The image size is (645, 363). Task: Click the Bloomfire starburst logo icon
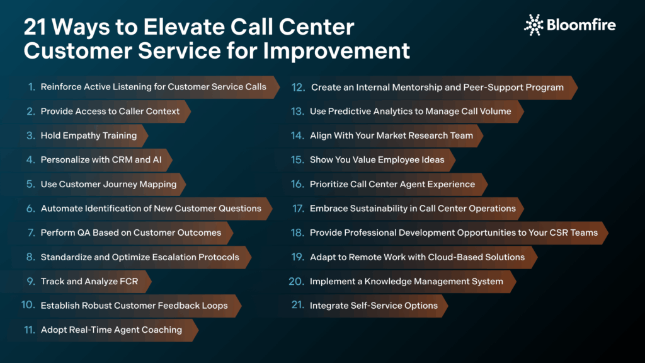[534, 25]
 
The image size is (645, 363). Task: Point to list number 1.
[31, 87]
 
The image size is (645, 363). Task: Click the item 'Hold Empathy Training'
[88, 135]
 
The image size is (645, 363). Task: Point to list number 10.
[28, 305]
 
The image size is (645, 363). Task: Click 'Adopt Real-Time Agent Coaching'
[111, 330]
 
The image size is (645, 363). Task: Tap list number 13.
[297, 112]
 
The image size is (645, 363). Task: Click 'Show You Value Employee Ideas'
[377, 160]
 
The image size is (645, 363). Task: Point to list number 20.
[296, 281]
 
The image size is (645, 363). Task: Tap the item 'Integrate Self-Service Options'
[374, 306]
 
